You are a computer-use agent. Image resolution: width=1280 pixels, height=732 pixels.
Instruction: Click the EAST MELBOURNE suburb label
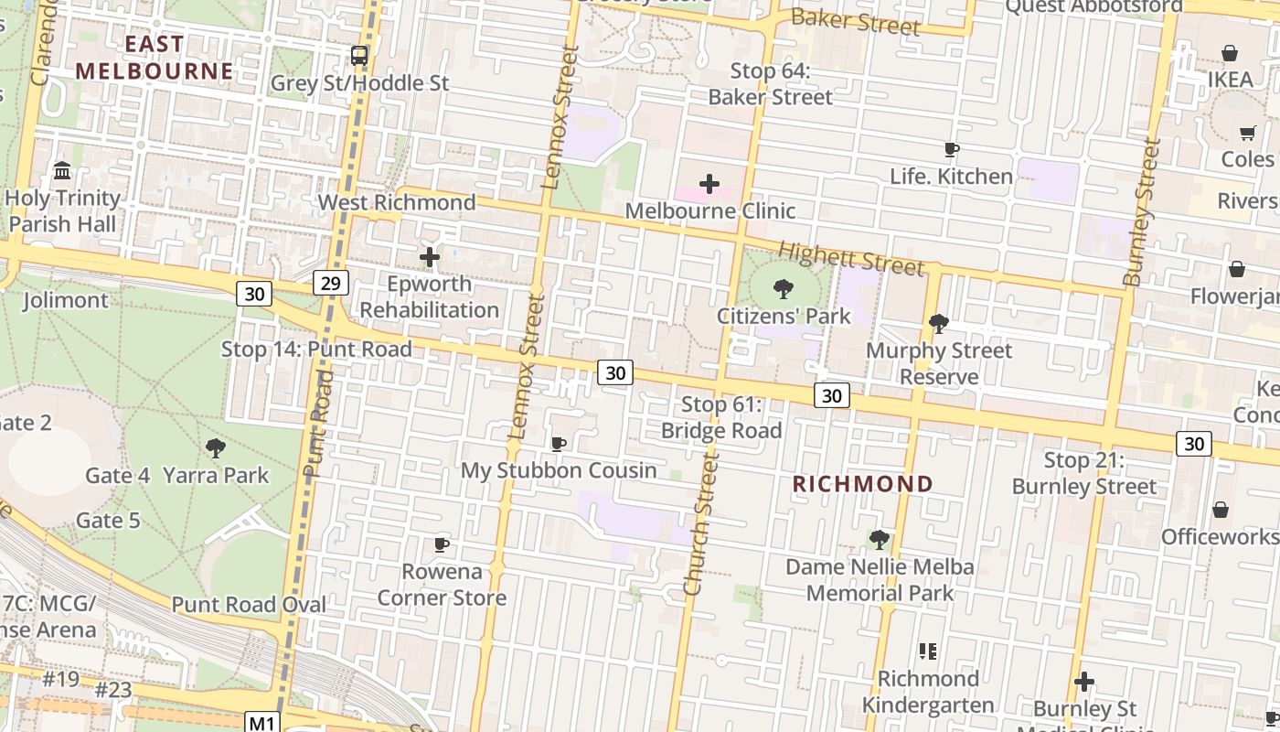click(x=155, y=58)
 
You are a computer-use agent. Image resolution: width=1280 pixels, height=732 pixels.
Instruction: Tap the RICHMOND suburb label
click(x=862, y=484)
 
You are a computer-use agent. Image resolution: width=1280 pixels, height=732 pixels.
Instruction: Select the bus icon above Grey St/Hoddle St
click(x=359, y=55)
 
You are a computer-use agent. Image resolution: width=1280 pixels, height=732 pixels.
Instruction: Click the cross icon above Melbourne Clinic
click(x=709, y=184)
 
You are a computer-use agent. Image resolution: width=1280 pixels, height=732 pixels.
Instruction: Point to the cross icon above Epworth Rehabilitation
click(x=429, y=257)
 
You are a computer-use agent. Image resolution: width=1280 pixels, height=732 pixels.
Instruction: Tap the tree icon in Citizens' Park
click(x=783, y=289)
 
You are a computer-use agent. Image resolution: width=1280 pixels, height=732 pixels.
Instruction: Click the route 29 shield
click(x=330, y=283)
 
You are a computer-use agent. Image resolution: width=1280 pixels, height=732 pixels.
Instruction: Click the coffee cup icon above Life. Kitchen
click(x=951, y=149)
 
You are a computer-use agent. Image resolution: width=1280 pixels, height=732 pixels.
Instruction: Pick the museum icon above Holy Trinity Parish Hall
click(x=62, y=171)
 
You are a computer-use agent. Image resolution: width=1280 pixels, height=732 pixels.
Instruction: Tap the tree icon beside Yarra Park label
click(x=216, y=447)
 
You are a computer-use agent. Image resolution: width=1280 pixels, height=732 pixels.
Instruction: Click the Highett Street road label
click(x=851, y=257)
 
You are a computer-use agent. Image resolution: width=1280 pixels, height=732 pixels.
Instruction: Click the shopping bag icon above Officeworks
click(x=1220, y=510)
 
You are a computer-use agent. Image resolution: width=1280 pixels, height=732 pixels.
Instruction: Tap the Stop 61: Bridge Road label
click(x=721, y=417)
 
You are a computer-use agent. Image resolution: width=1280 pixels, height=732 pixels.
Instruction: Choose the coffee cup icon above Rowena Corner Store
click(x=442, y=544)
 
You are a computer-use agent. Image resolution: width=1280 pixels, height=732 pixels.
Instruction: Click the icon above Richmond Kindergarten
click(x=928, y=651)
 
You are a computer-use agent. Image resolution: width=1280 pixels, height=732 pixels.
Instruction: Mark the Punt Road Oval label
click(x=249, y=605)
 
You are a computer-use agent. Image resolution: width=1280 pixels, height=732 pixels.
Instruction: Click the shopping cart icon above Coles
click(x=1247, y=133)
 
